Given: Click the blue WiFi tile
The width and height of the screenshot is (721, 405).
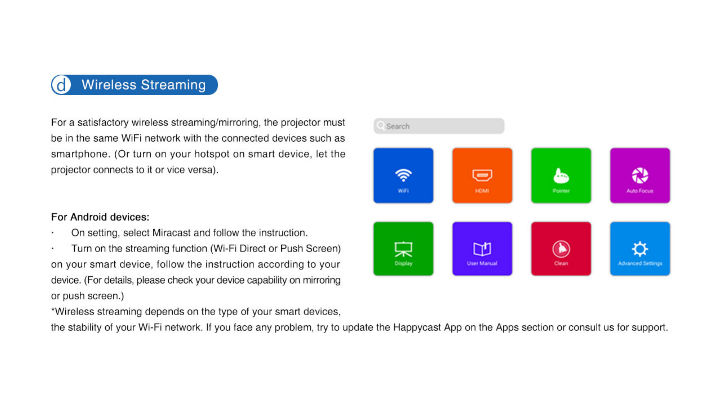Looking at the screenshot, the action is coord(403,175).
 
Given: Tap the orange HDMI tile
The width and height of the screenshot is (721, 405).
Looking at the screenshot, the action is coord(482,175).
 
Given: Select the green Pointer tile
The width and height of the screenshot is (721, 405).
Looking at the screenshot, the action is coord(561,175).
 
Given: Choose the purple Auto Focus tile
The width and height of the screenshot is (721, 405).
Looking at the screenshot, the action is coord(640,175).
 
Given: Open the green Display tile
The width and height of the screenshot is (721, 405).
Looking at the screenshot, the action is coord(403,249).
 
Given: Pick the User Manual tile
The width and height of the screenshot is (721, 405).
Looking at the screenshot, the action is coord(482,249).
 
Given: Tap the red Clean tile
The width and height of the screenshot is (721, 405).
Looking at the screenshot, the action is coord(561,249).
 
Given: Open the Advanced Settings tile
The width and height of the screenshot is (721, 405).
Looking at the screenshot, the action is coord(640,249).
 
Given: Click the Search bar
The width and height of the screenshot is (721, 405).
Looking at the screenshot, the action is coord(439,126).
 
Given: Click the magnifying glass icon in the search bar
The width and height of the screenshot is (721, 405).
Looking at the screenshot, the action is coord(381,126).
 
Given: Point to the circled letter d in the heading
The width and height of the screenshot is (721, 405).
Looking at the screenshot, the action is coord(61,85).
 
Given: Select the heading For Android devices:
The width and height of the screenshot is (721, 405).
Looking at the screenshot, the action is coord(100,217).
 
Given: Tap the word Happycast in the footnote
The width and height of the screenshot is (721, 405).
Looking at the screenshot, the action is coord(417,328).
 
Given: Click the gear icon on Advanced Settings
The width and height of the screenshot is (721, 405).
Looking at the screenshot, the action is coord(640,249).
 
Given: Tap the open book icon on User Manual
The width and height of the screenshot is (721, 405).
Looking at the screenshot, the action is coord(482,249).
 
